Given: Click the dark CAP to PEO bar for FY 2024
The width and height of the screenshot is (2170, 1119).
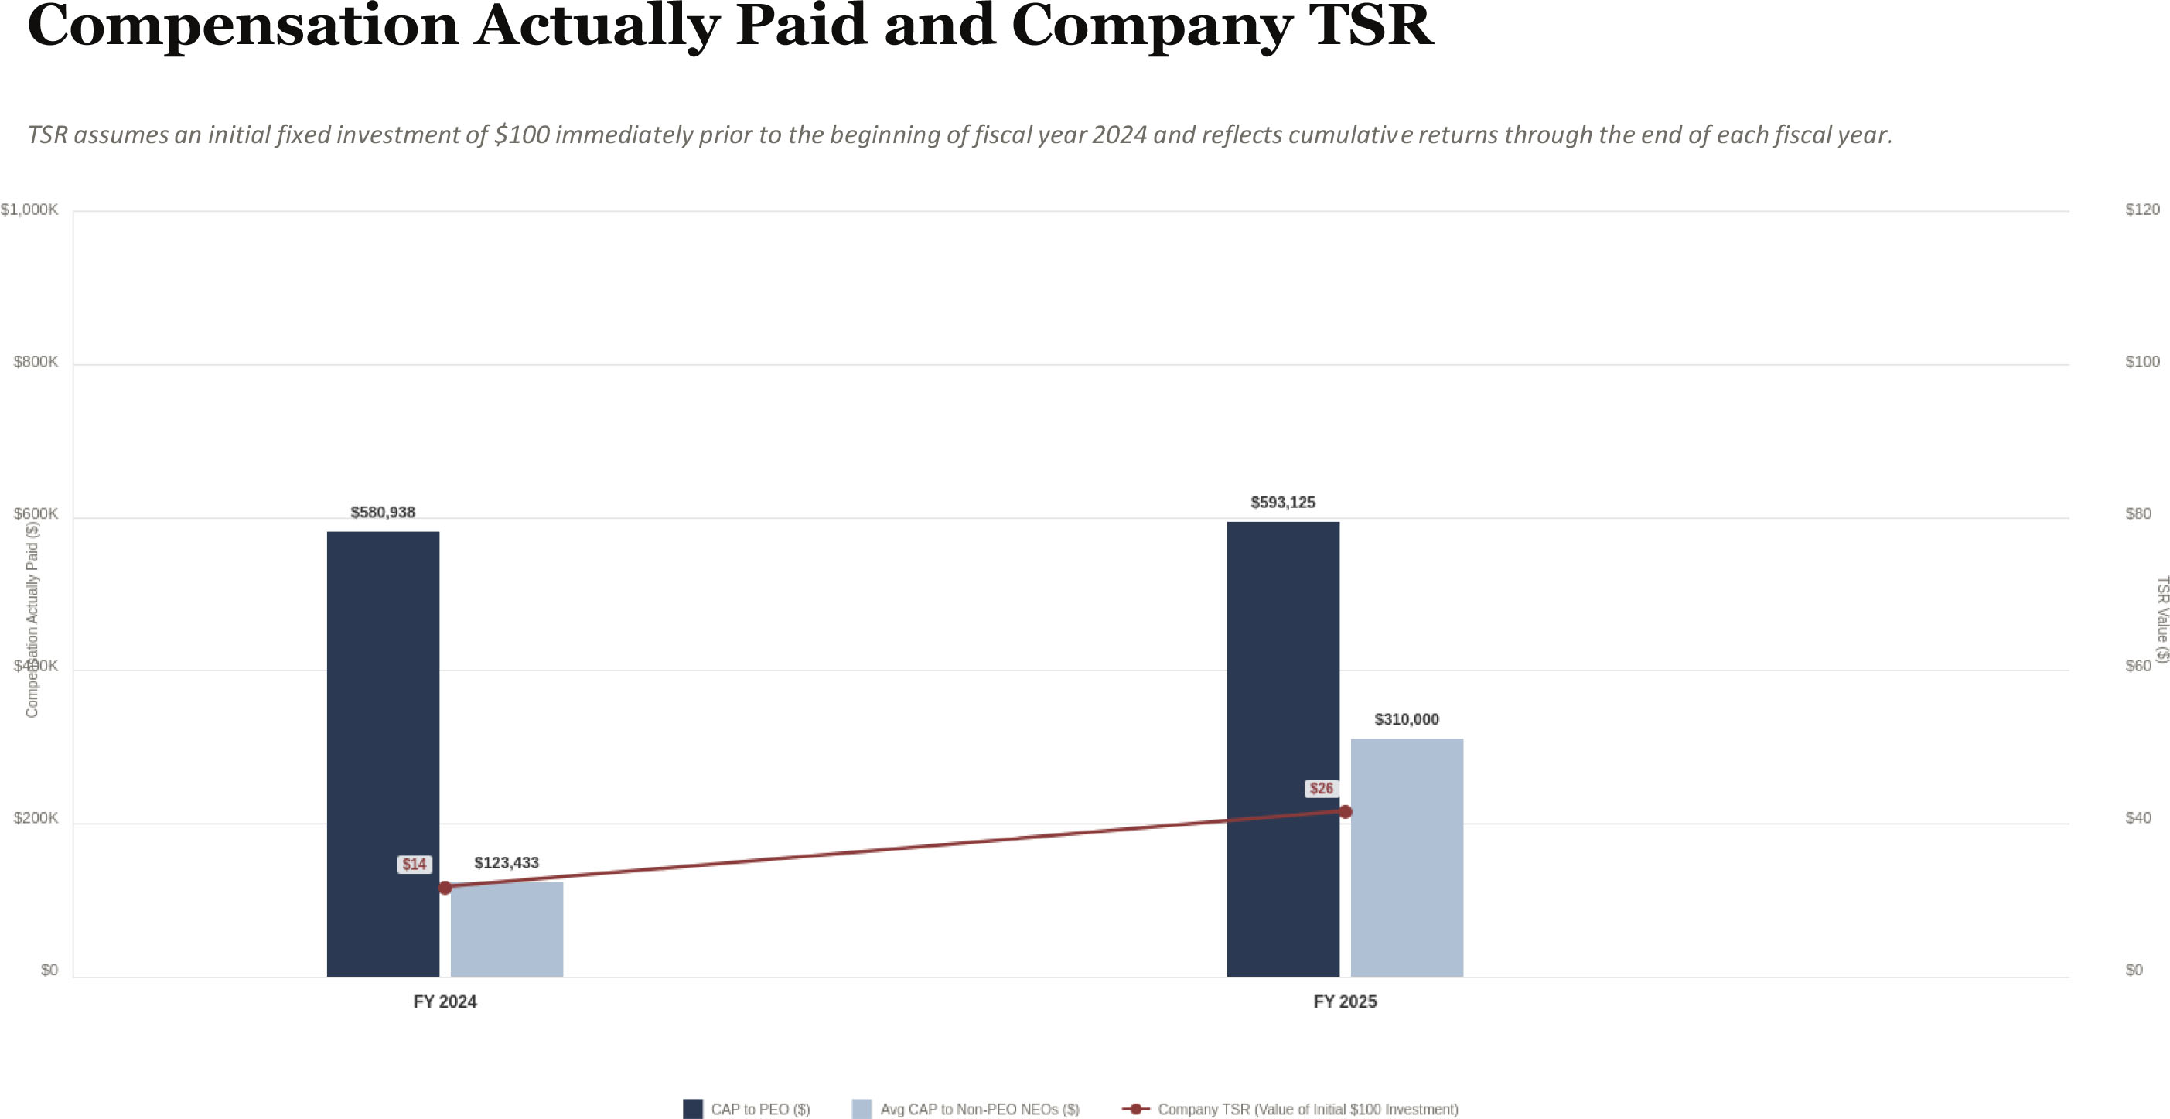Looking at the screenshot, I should (x=383, y=753).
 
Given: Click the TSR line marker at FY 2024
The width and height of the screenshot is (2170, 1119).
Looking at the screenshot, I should (x=445, y=887).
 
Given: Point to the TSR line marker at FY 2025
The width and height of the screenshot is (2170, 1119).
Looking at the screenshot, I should (x=1346, y=811).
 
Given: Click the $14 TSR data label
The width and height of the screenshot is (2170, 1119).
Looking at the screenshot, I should (x=414, y=865).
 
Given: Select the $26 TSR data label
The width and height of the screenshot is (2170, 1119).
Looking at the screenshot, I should (x=1321, y=789).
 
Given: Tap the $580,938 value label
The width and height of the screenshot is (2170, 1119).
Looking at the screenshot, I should (x=383, y=512).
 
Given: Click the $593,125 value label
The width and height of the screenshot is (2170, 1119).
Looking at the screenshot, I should (x=1282, y=503).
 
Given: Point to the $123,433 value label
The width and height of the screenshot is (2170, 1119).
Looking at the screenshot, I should (x=507, y=863).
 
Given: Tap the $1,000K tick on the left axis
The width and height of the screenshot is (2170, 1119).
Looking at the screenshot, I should (x=29, y=210).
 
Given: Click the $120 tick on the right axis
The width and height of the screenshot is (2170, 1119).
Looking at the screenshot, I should (x=2142, y=210).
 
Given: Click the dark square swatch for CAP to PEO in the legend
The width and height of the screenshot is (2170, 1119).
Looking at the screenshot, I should (x=692, y=1109).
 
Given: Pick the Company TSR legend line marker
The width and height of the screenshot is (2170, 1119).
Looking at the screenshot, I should (x=1135, y=1109).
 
